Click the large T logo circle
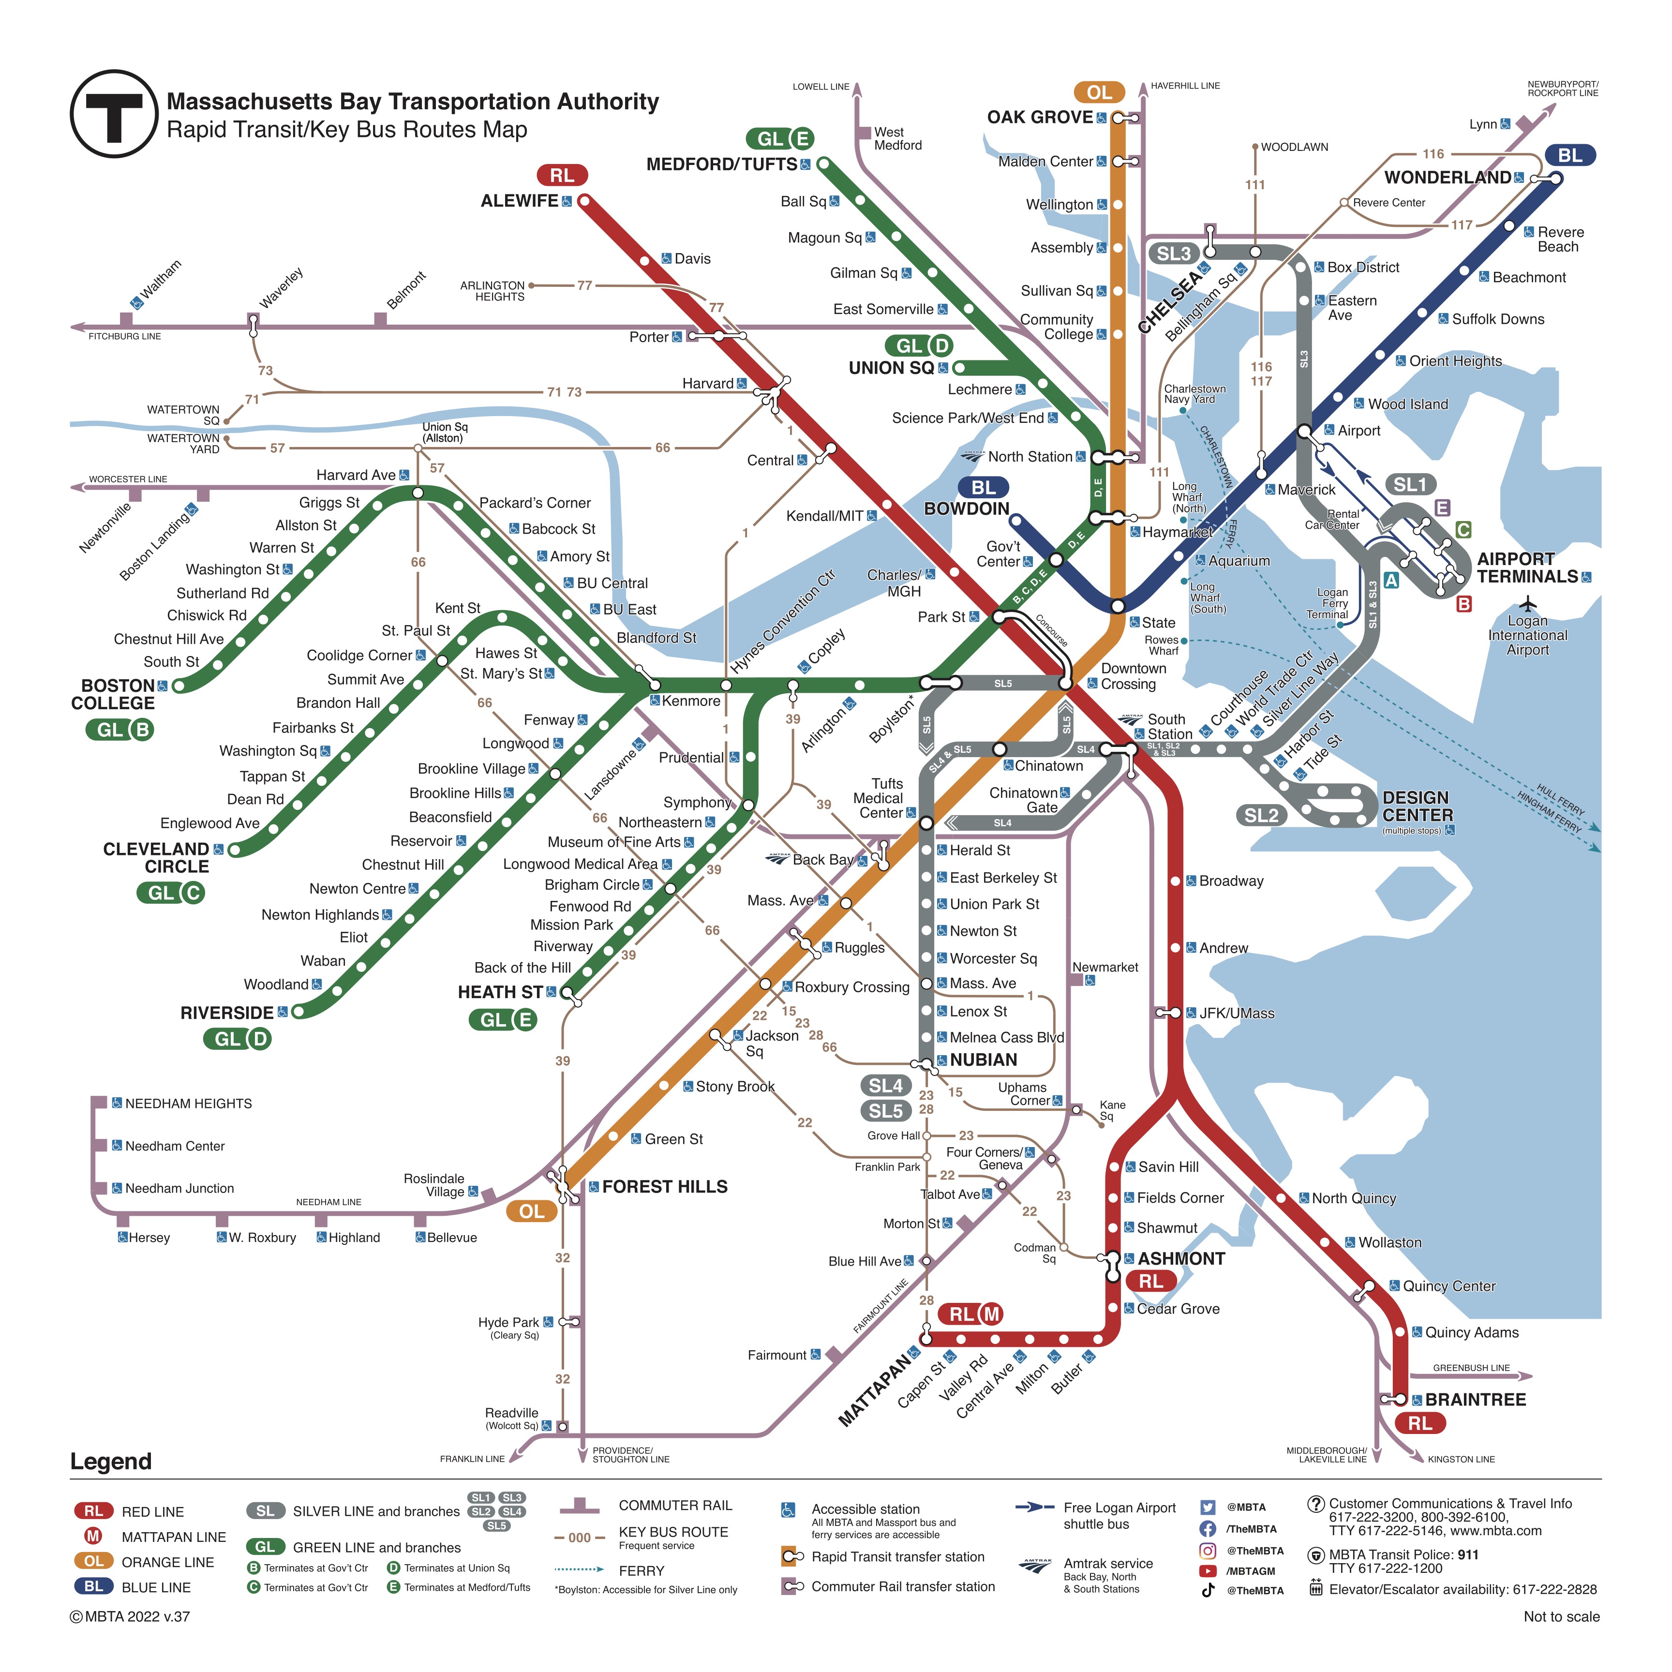pos(113,113)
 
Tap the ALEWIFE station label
pos(519,201)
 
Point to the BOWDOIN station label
pos(967,509)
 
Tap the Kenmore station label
pos(690,701)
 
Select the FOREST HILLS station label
pos(665,1186)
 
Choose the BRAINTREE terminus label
pos(1476,1400)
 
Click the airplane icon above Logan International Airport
pos(1528,603)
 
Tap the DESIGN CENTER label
pos(1417,806)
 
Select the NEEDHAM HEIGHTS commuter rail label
pos(189,1104)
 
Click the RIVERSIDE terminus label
pos(227,1013)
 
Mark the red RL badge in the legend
pos(93,1511)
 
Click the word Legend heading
pos(111,1462)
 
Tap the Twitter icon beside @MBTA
pos(1208,1507)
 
